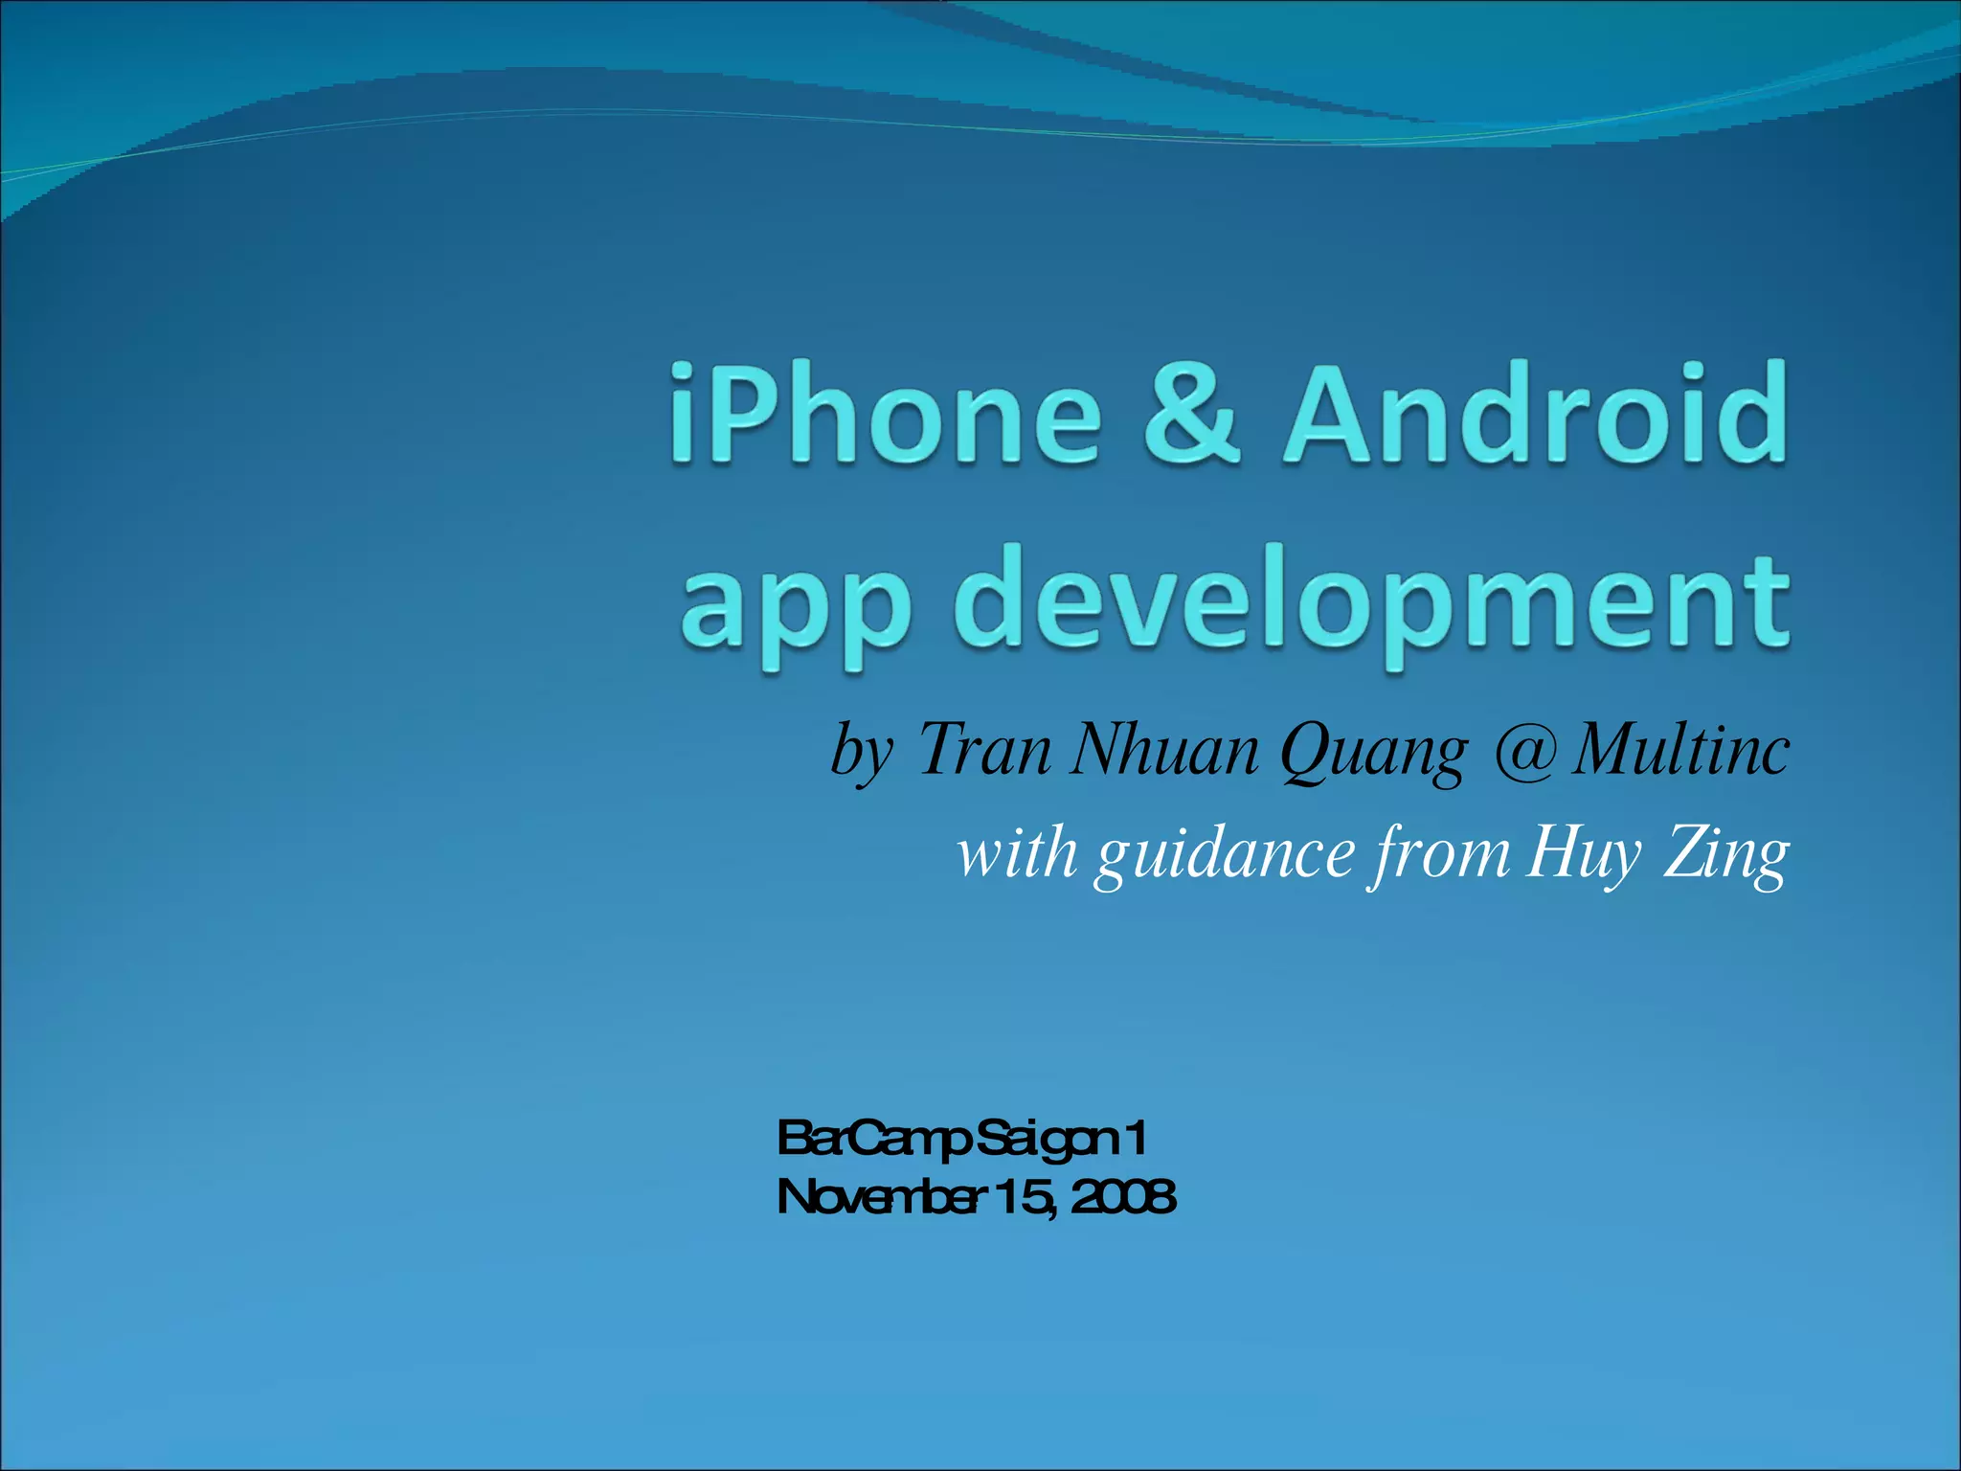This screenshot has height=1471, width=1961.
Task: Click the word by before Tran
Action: [x=862, y=752]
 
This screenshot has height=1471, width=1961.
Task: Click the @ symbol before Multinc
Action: [x=1522, y=750]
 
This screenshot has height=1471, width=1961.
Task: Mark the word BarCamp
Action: [x=875, y=1141]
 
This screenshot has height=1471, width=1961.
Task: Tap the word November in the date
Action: [x=881, y=1197]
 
